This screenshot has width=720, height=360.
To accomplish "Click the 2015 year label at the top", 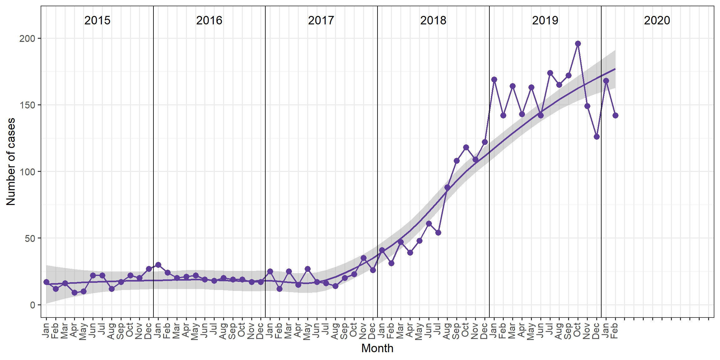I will tap(97, 20).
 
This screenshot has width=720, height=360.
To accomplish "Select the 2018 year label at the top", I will tap(433, 20).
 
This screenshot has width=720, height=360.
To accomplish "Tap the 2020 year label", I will tap(657, 20).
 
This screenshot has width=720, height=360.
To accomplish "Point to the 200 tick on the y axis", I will tap(27, 38).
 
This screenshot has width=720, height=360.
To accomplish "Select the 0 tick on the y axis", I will tap(32, 305).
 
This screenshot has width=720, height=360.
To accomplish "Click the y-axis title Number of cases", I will tap(11, 162).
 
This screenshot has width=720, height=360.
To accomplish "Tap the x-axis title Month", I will tap(377, 348).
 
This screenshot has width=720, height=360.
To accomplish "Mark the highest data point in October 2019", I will tap(578, 43).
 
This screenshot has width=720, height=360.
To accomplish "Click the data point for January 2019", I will tap(494, 79).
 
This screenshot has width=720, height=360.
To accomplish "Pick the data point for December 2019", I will tap(597, 137).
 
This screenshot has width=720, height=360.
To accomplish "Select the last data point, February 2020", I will tap(615, 115).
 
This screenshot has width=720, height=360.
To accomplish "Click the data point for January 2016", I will tap(158, 265).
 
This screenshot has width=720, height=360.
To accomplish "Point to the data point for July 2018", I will tap(438, 232).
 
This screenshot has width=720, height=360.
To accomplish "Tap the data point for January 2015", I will tap(46, 282).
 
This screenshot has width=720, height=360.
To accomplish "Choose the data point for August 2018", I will tap(447, 187).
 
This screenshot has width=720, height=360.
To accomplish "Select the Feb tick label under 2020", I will tap(615, 331).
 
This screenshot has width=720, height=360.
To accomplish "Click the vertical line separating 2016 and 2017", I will tap(265, 156).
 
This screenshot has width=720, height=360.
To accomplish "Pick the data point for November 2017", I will tap(363, 258).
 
